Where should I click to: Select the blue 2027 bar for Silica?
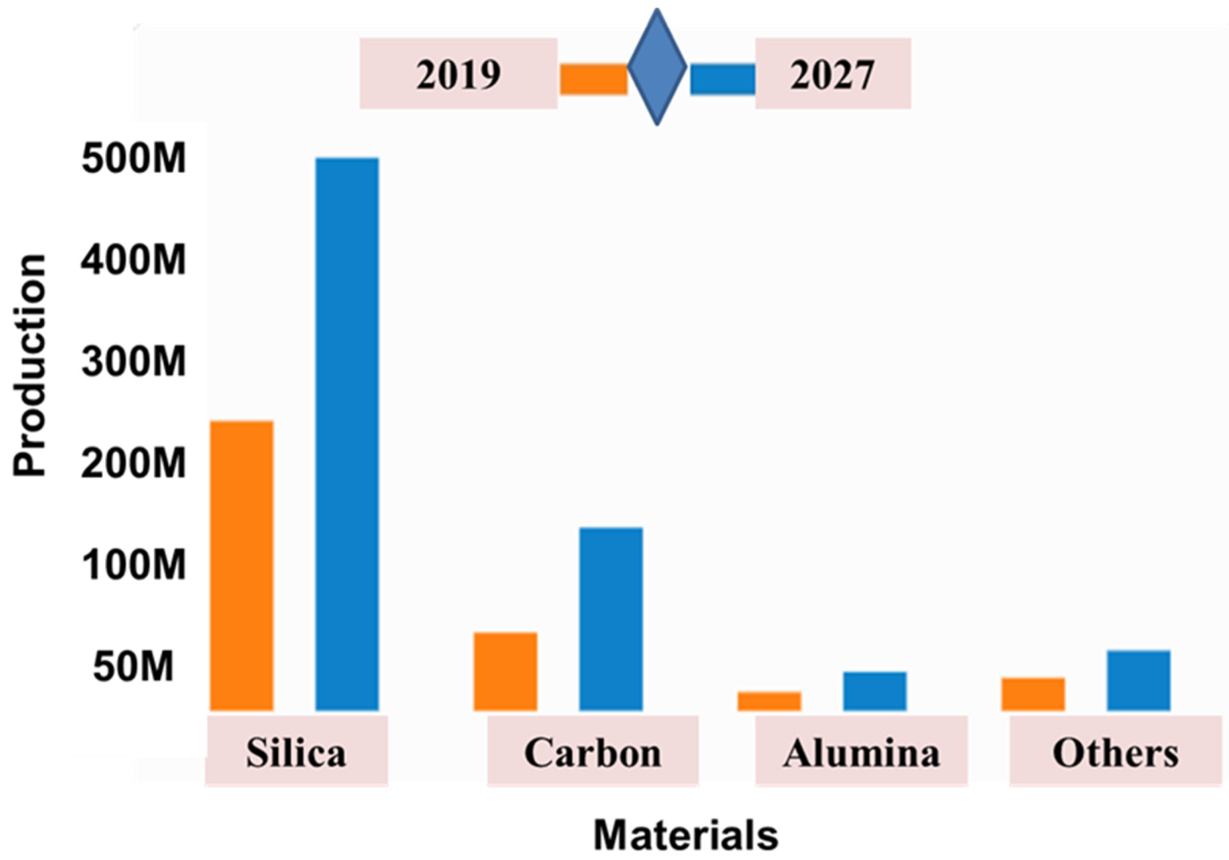pos(347,434)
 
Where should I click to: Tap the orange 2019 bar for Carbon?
pos(505,672)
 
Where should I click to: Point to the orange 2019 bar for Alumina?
pos(769,701)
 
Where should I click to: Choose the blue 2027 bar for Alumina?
pos(874,691)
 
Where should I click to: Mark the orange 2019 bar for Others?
pos(1033,694)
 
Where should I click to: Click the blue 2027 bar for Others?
pos(1138,680)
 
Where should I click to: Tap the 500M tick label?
pos(134,159)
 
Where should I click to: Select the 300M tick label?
pos(134,361)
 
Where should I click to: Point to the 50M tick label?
pos(134,668)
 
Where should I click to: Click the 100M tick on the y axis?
pos(134,565)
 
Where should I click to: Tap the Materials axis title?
pos(686,835)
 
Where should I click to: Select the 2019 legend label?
pos(458,74)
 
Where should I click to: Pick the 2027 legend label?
pos(832,74)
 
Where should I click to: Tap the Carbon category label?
pos(593,752)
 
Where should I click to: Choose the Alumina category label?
pos(861,752)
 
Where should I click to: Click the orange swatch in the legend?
pos(594,80)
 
